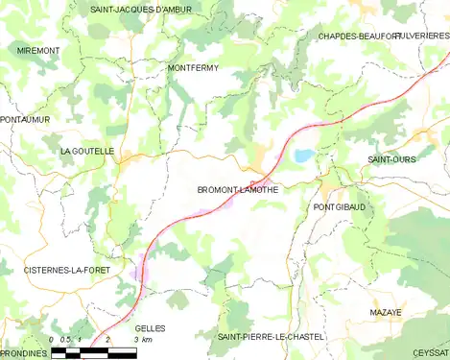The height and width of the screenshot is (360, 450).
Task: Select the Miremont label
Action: (37, 49)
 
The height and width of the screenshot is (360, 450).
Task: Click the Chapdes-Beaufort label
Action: (359, 36)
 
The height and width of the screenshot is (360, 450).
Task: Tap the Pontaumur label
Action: (26, 119)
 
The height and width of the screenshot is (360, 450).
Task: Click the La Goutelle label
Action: (87, 151)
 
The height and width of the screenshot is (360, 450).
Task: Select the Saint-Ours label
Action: (391, 158)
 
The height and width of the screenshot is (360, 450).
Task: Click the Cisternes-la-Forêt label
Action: (67, 271)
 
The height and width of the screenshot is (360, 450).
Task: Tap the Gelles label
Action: (151, 328)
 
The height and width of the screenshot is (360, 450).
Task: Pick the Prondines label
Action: (24, 352)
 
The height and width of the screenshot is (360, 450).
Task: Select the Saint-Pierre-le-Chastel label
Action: (271, 337)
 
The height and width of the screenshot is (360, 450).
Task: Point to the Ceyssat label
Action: (430, 352)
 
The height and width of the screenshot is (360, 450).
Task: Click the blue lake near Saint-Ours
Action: (303, 155)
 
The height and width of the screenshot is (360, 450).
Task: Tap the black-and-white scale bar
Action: (93, 353)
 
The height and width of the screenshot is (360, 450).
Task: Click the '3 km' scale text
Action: (144, 341)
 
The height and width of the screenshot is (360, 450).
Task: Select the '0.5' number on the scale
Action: (64, 341)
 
